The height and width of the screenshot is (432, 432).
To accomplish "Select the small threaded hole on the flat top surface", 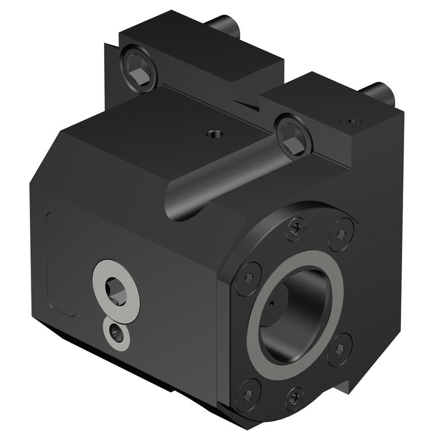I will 212,135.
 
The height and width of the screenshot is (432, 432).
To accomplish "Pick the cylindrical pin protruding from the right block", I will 380,92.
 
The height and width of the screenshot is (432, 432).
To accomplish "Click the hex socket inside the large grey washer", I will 115,291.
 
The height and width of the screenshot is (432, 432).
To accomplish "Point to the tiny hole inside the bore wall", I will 271,304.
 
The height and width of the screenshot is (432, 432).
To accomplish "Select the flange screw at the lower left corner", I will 247,390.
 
